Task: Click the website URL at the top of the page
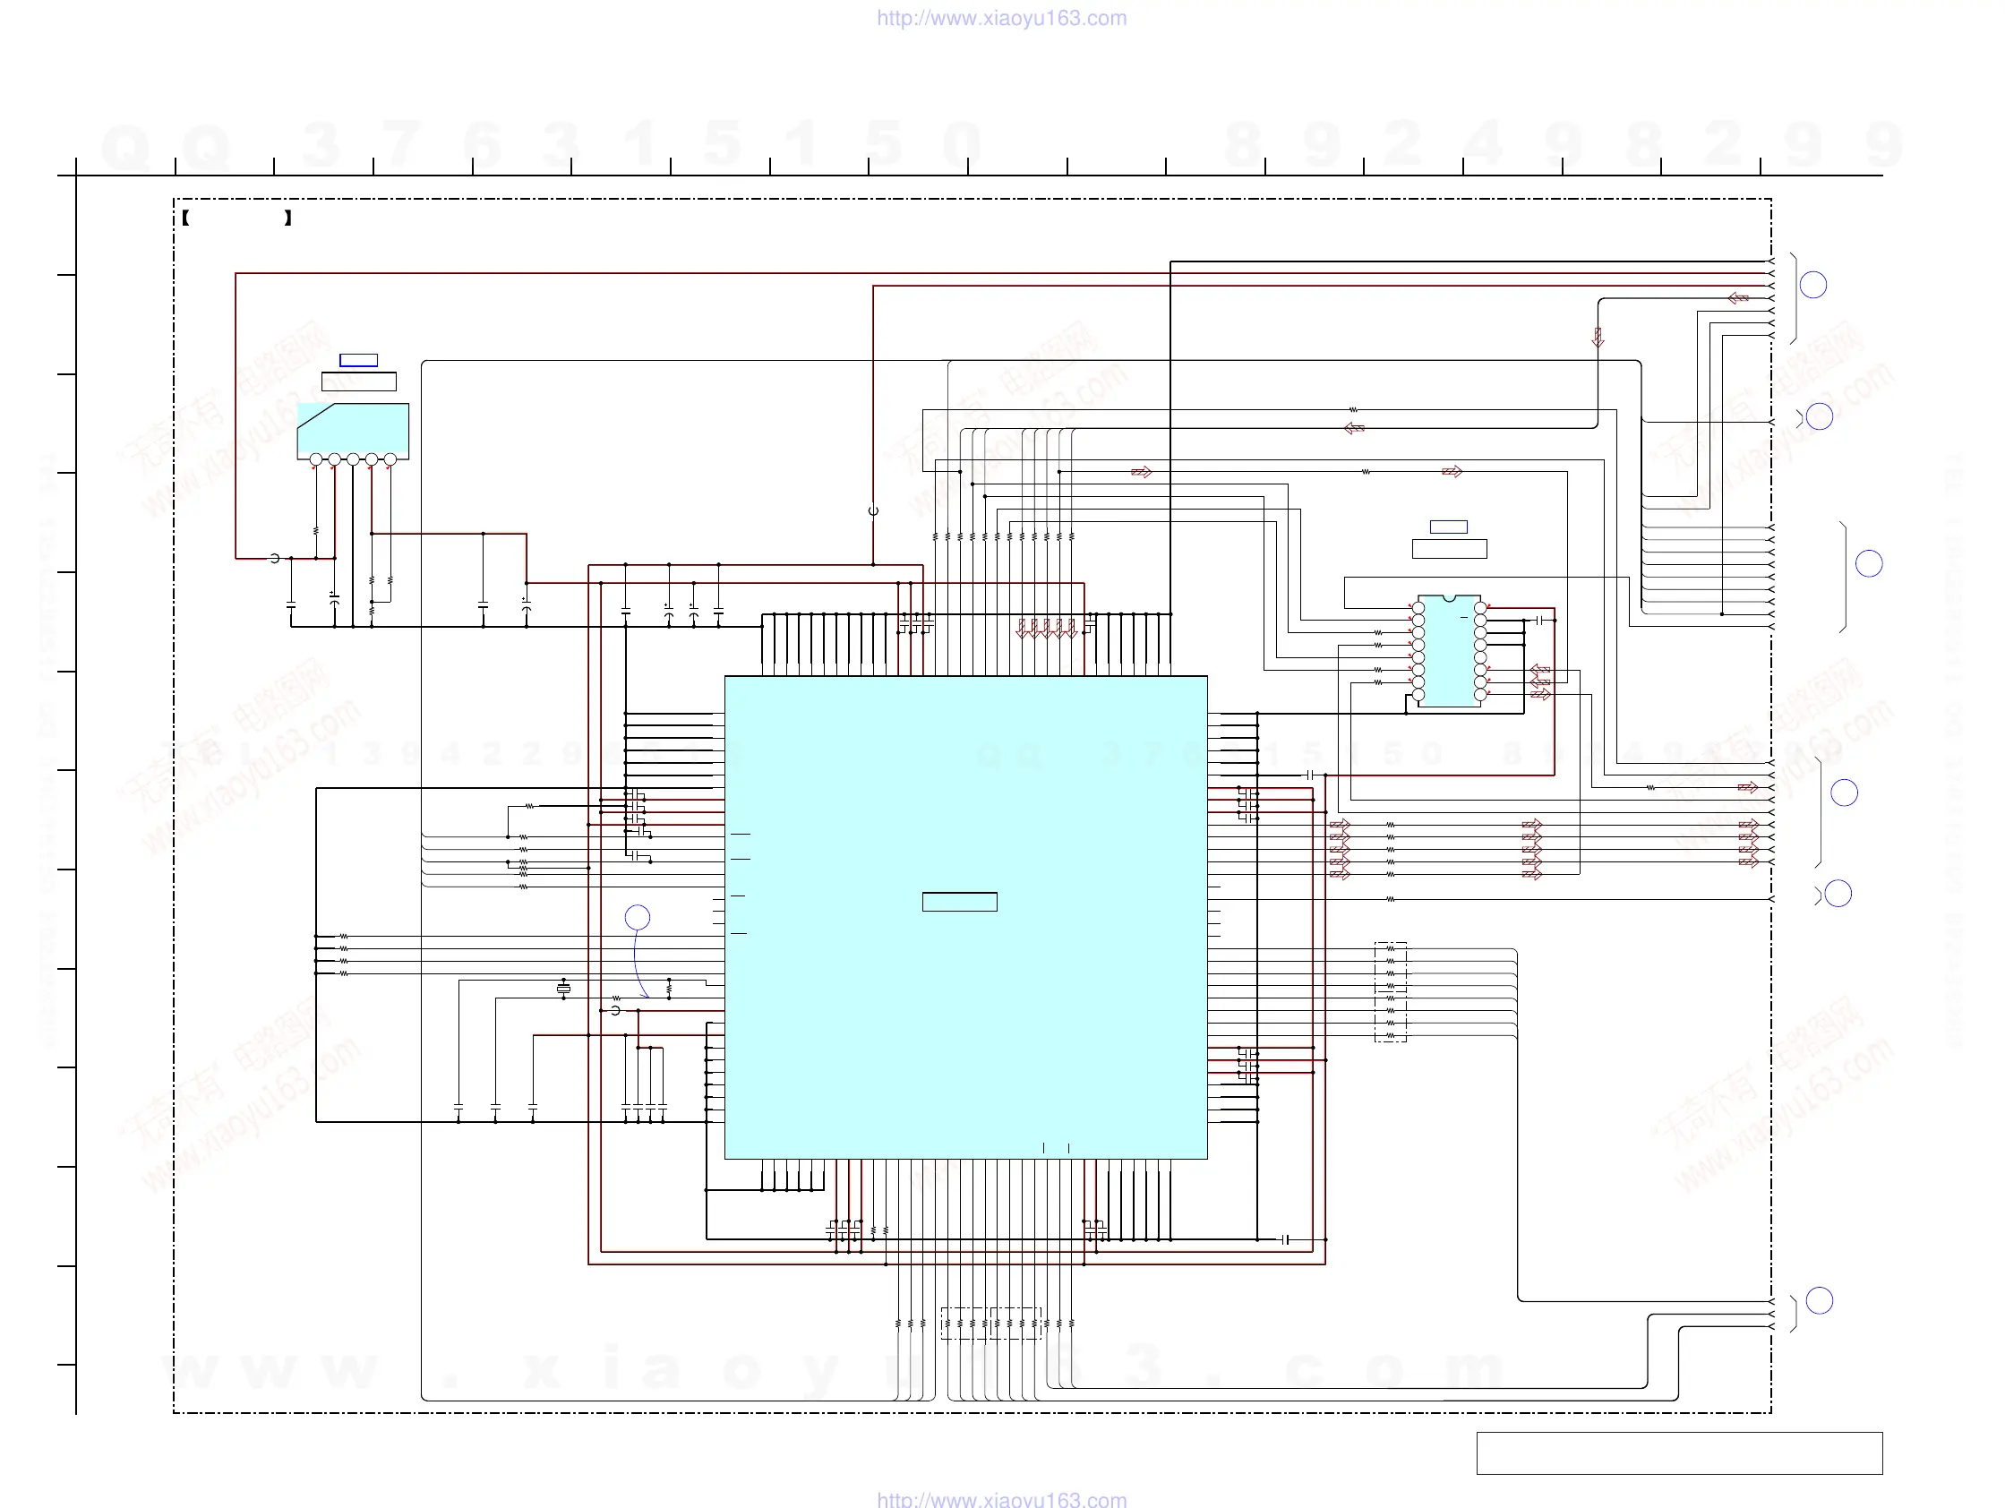1001,18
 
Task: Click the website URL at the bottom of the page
1001,1499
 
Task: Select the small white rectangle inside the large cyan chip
959,902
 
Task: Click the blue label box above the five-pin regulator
358,360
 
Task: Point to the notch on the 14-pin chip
1449,598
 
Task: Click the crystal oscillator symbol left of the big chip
564,988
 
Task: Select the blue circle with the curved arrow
638,917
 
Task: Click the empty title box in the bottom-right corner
1679,1452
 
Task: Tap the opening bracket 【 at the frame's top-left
184,218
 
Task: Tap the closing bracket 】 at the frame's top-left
288,218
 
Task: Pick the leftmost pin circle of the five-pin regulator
315,460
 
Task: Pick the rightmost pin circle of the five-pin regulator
390,460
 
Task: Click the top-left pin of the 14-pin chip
1418,607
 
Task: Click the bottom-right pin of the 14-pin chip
1480,695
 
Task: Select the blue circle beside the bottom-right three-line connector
1819,1300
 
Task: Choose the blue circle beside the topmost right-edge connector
1812,285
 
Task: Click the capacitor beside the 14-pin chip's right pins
1539,620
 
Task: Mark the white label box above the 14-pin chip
1449,548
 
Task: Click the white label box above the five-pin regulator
358,381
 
